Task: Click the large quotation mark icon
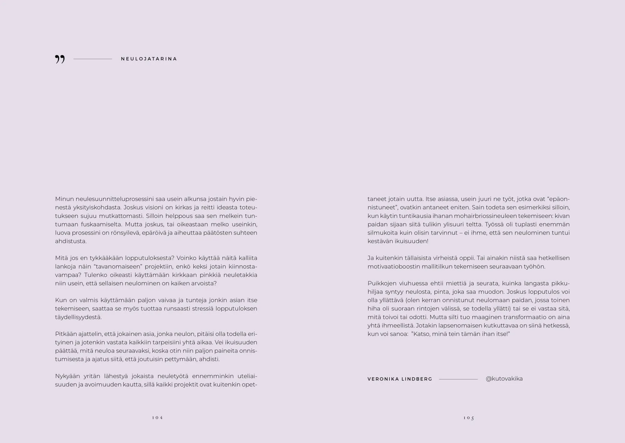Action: click(60, 59)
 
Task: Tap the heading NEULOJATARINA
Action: click(149, 59)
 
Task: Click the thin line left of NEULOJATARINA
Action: click(92, 59)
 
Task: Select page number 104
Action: click(157, 418)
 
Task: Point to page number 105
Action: click(469, 418)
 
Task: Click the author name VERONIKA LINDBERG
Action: click(400, 379)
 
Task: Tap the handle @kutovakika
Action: click(504, 379)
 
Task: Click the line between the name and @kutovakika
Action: click(458, 379)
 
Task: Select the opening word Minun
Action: click(64, 199)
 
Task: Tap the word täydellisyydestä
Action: click(78, 317)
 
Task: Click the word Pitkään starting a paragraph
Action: click(66, 334)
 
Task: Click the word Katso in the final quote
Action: click(421, 334)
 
